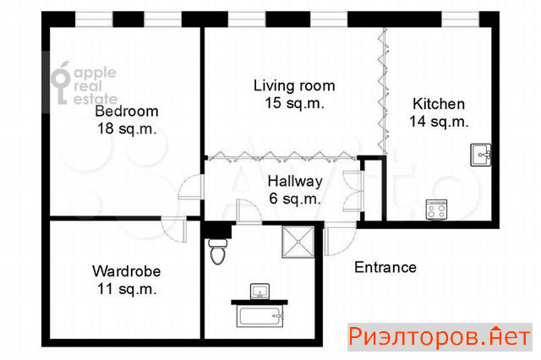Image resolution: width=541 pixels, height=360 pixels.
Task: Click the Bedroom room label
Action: pyautogui.click(x=127, y=112)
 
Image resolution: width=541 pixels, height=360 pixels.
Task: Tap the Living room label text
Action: pyautogui.click(x=294, y=86)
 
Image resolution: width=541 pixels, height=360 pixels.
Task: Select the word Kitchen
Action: pyautogui.click(x=439, y=104)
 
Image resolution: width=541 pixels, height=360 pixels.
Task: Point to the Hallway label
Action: pyautogui.click(x=295, y=182)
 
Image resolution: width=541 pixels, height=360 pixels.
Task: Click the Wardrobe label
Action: pyautogui.click(x=127, y=271)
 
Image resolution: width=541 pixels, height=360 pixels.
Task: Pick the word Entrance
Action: pyautogui.click(x=385, y=267)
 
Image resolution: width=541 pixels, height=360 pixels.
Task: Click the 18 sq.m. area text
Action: pyautogui.click(x=127, y=128)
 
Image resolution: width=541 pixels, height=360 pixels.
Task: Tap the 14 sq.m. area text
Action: pyautogui.click(x=439, y=122)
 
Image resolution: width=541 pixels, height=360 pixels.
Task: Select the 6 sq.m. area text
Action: pyautogui.click(x=295, y=199)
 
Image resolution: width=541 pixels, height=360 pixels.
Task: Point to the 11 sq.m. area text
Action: pyautogui.click(x=127, y=289)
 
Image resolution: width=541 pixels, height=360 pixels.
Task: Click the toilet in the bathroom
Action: pyautogui.click(x=218, y=251)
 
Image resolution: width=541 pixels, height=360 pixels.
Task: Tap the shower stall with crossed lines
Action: pyautogui.click(x=298, y=242)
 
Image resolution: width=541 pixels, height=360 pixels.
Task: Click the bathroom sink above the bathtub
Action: pyautogui.click(x=260, y=292)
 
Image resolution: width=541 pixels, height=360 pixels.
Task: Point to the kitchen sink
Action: pyautogui.click(x=481, y=155)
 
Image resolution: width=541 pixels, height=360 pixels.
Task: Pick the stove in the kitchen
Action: pyautogui.click(x=437, y=210)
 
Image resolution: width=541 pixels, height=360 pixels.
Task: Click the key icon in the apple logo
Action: pyautogui.click(x=61, y=83)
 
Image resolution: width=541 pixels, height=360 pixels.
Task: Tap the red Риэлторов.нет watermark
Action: pyautogui.click(x=440, y=337)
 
